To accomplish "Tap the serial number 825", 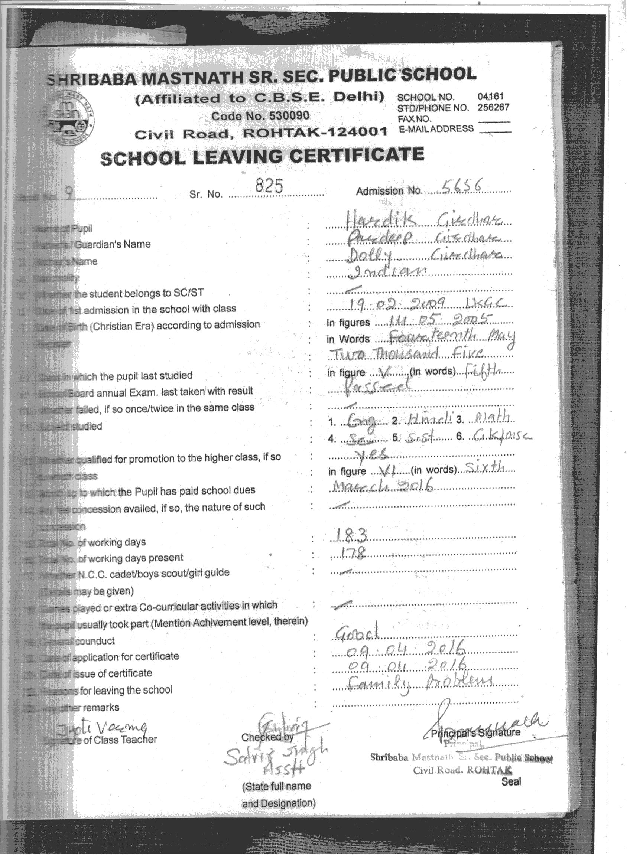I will pos(269,186).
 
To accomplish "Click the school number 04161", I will pos(490,97).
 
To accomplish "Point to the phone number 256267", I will pos(493,107).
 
